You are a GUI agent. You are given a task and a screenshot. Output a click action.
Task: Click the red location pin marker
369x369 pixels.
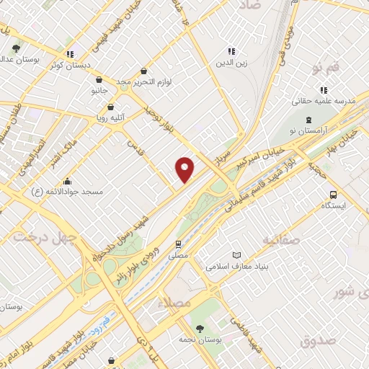point(185,169)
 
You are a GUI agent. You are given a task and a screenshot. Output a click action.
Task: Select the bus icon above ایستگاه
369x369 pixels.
point(333,195)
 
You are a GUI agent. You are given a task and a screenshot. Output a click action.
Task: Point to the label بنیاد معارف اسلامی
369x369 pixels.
point(238,266)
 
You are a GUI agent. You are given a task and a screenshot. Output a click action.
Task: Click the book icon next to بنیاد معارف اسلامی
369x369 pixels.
point(237,255)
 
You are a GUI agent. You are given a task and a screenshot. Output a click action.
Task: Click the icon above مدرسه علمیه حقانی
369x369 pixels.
point(324,90)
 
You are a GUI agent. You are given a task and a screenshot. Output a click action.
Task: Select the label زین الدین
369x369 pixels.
point(231,62)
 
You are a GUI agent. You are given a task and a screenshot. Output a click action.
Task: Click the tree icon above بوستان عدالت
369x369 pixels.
point(16,49)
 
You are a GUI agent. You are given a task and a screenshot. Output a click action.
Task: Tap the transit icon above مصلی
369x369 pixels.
point(178,245)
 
